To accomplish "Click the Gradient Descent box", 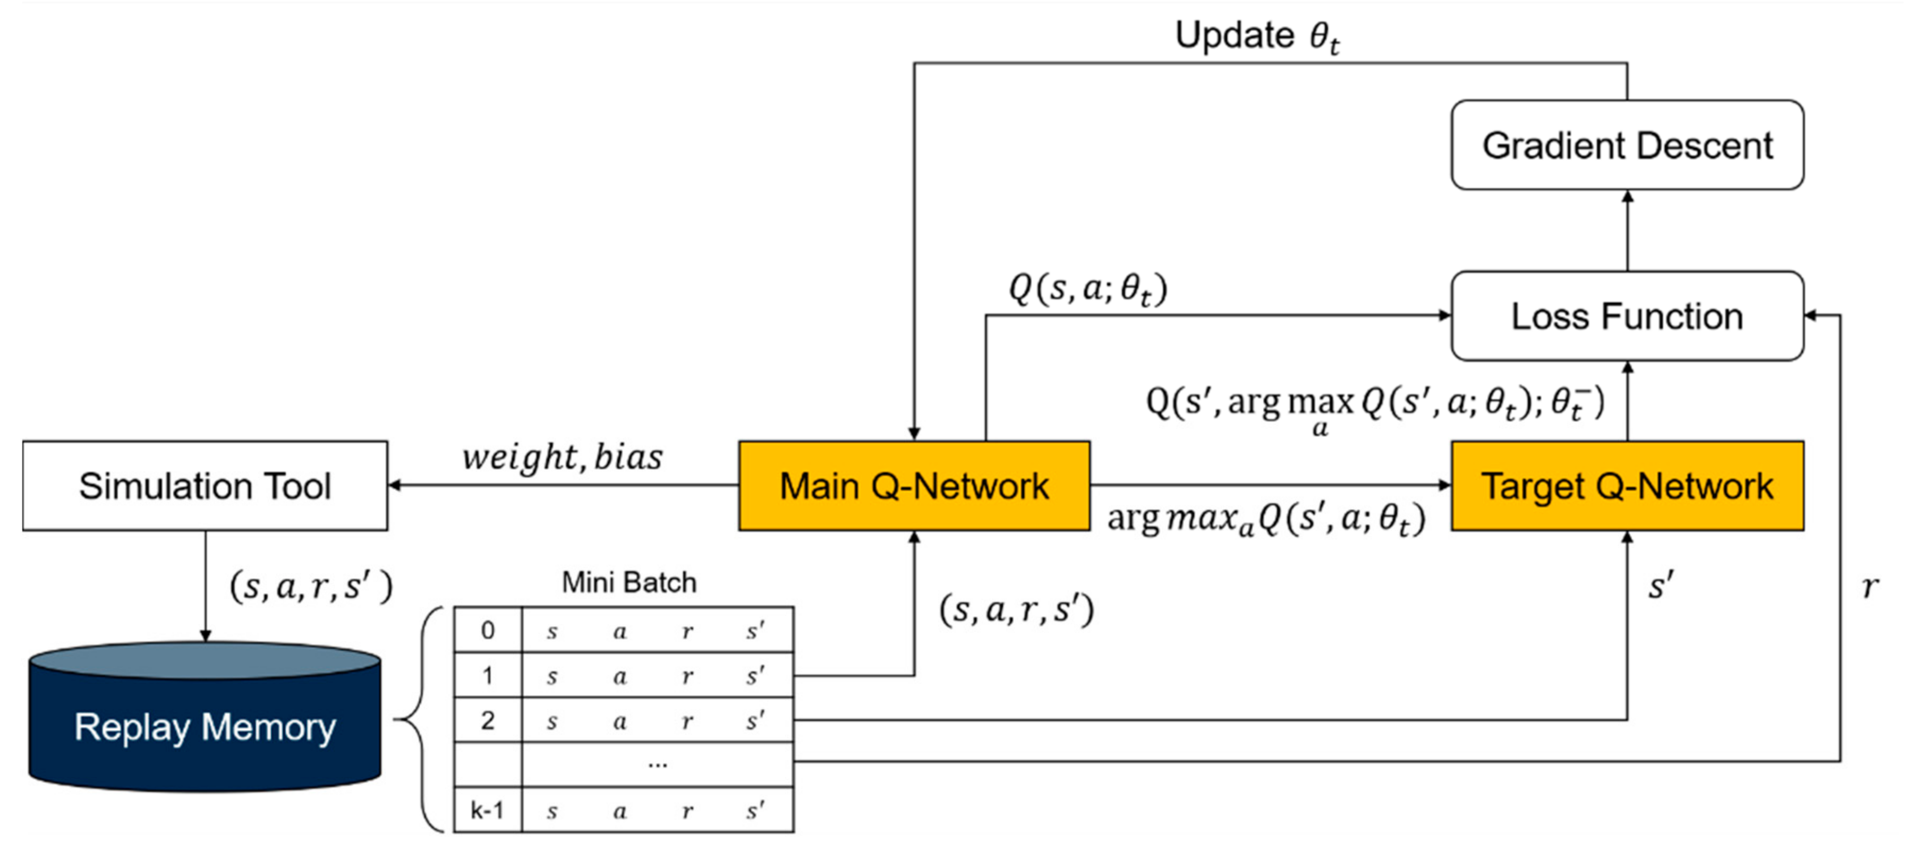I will [x=1627, y=145].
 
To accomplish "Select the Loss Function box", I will [x=1627, y=316].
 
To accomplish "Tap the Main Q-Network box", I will [x=914, y=486].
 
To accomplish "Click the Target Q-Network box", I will [x=1627, y=486].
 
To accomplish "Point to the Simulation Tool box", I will [x=205, y=486].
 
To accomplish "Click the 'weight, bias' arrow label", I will [x=563, y=457].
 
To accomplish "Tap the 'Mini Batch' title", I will [x=629, y=583].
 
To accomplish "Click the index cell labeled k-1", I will [x=488, y=811].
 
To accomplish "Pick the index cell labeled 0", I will [x=488, y=630].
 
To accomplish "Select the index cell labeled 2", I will [x=488, y=720].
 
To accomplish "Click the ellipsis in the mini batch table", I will [x=657, y=764].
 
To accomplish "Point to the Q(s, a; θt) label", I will [x=1088, y=289].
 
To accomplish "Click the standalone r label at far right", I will [x=1870, y=587].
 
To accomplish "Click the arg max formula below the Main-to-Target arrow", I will [x=1265, y=519].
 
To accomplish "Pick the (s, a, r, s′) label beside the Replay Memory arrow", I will [x=311, y=587].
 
